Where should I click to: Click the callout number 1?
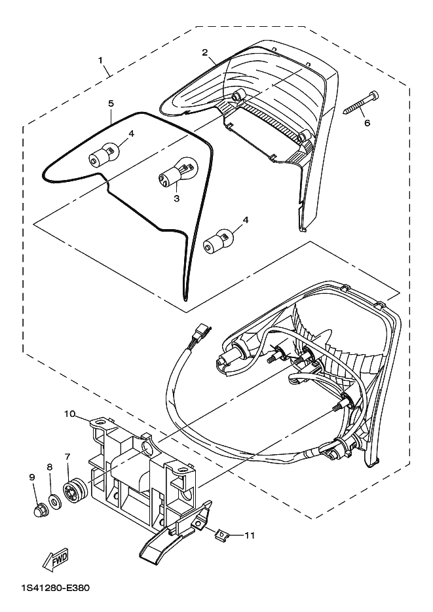click(100, 60)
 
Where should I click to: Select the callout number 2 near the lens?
click(204, 53)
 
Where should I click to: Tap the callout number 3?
click(176, 198)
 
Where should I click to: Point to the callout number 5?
click(111, 103)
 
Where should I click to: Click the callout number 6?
click(367, 122)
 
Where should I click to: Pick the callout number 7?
click(67, 456)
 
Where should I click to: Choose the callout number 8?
click(50, 467)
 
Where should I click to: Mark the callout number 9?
click(32, 477)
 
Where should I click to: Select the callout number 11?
click(250, 535)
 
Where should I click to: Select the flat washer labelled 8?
click(54, 499)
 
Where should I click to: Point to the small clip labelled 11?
click(222, 532)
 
